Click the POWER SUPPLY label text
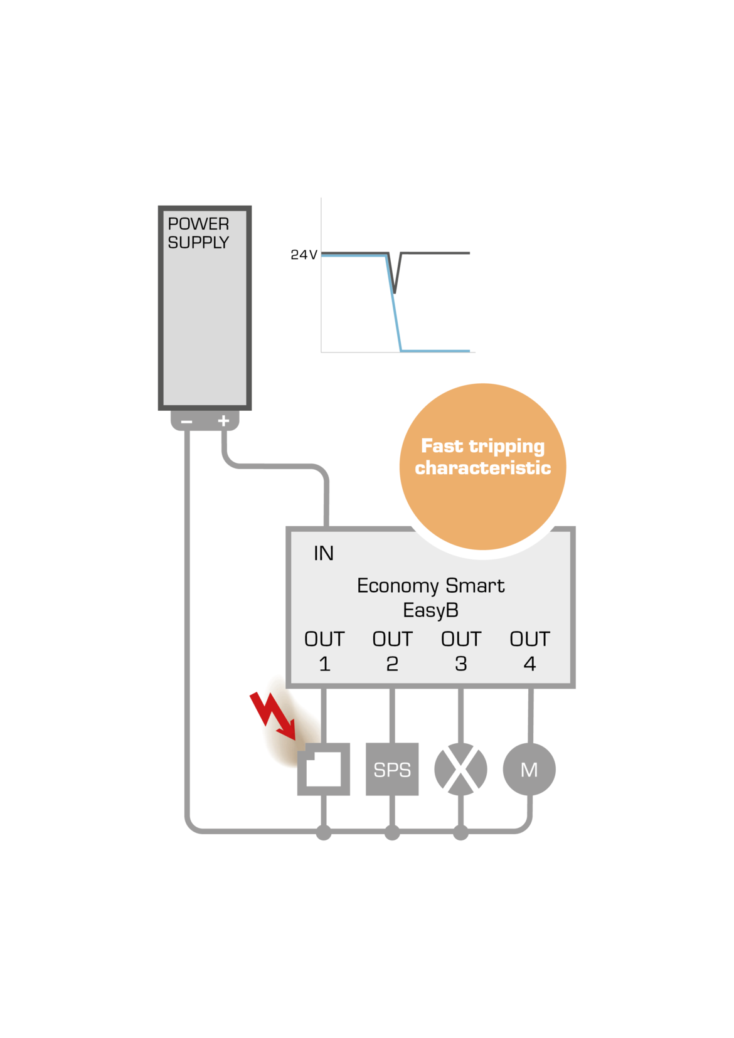click(198, 233)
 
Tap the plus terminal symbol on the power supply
click(223, 421)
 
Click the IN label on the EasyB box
click(323, 553)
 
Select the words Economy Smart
click(430, 586)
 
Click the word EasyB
click(430, 610)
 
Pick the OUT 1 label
click(324, 651)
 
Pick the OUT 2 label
click(392, 651)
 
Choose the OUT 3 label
click(460, 651)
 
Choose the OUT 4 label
click(529, 651)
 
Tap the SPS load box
click(392, 769)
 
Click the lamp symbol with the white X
click(460, 769)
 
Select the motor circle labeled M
click(529, 769)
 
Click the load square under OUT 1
click(324, 769)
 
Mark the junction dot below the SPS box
click(392, 833)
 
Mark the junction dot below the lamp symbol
click(460, 833)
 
